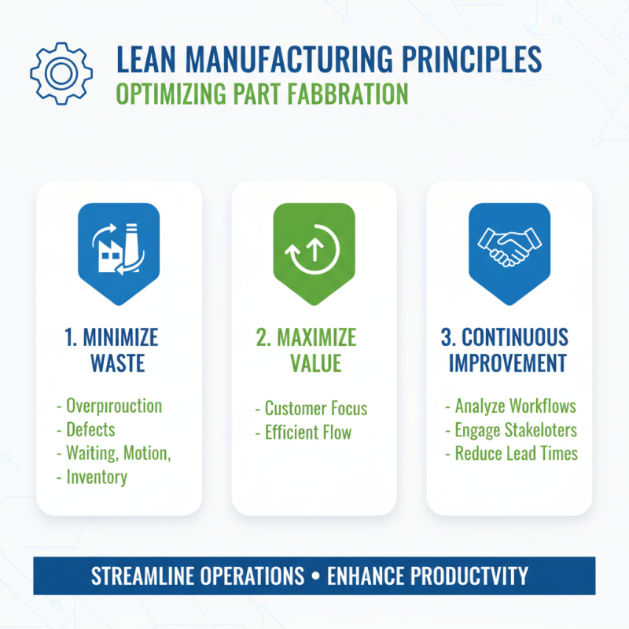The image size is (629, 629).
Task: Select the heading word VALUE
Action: click(314, 363)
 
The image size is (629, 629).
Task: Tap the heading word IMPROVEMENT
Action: click(508, 363)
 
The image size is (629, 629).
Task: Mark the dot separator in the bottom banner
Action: click(314, 577)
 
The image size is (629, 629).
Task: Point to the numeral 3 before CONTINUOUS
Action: click(446, 338)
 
